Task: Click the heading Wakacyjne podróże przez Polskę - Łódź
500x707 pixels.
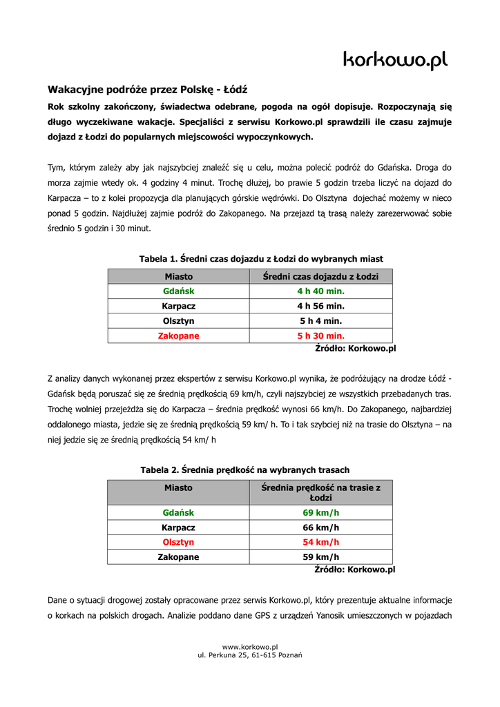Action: pos(147,90)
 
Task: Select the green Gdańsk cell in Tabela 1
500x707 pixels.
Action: pos(178,291)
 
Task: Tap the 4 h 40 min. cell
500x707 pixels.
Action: pos(320,291)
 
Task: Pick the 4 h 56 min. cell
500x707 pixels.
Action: pos(320,306)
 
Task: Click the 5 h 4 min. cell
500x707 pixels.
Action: pos(320,321)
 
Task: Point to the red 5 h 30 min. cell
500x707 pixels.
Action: pos(320,336)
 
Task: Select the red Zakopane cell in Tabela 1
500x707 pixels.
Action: pos(178,336)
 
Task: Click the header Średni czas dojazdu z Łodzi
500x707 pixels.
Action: pos(320,277)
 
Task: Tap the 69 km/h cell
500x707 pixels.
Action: pos(320,513)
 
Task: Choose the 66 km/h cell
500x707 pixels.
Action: pos(320,527)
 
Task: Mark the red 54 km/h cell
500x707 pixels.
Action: pos(320,542)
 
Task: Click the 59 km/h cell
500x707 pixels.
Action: pos(320,556)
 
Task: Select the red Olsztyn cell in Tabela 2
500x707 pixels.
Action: pos(178,542)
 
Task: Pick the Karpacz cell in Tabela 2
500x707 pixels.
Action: pos(178,527)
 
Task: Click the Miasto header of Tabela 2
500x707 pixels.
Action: pos(178,487)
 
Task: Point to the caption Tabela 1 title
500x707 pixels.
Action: pos(261,259)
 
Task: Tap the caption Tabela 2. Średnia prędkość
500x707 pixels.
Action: pos(245,469)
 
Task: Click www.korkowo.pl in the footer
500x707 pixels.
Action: pos(249,646)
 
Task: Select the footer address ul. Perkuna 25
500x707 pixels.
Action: pos(249,655)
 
